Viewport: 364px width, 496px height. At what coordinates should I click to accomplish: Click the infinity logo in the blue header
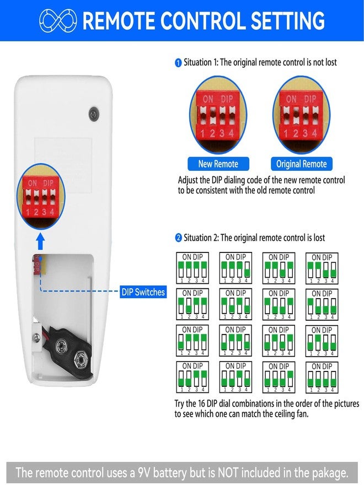tap(58, 21)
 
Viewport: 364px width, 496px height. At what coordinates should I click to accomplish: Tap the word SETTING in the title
tap(287, 21)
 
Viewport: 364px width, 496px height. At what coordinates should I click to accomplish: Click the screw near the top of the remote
tap(94, 114)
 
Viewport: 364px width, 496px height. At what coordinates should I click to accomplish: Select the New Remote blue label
tap(218, 164)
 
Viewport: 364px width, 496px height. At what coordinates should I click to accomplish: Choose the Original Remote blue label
tap(302, 164)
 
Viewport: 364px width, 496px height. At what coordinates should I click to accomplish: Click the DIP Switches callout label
tap(143, 292)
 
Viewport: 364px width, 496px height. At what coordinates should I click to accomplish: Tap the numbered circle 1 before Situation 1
tap(178, 63)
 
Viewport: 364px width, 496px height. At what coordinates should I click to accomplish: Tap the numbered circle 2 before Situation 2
tap(179, 238)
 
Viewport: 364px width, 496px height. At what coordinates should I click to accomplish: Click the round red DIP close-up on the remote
tap(40, 196)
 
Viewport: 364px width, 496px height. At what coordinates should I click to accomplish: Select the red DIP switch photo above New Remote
tap(218, 116)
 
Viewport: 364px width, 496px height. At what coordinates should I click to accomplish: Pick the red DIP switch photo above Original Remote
tap(301, 116)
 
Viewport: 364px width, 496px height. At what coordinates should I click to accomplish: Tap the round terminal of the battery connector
tap(61, 346)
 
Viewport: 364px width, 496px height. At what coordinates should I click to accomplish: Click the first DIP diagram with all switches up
tap(192, 268)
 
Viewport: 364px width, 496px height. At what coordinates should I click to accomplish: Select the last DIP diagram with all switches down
tap(322, 378)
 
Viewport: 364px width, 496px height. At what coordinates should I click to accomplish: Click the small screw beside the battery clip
tap(38, 337)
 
